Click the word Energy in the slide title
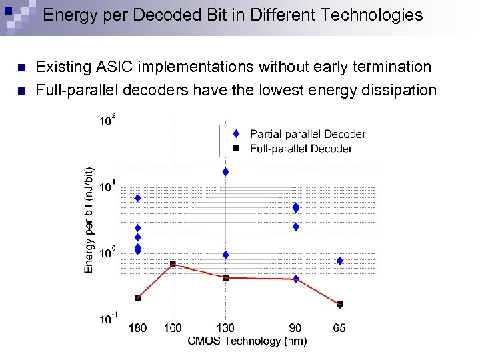coord(67,15)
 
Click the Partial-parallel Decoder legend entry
coord(307,134)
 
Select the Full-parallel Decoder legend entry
coord(301,149)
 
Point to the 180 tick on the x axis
coord(137,328)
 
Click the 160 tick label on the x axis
coord(173,328)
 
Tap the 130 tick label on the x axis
coord(225,328)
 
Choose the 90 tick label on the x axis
coord(295,328)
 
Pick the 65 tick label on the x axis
coord(339,328)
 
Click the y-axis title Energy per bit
coord(89,219)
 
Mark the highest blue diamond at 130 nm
coord(225,172)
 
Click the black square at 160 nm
coord(173,265)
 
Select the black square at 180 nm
coord(137,297)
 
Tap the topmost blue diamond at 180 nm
coord(137,198)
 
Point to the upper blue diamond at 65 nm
coord(339,261)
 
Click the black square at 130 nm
coord(225,277)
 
